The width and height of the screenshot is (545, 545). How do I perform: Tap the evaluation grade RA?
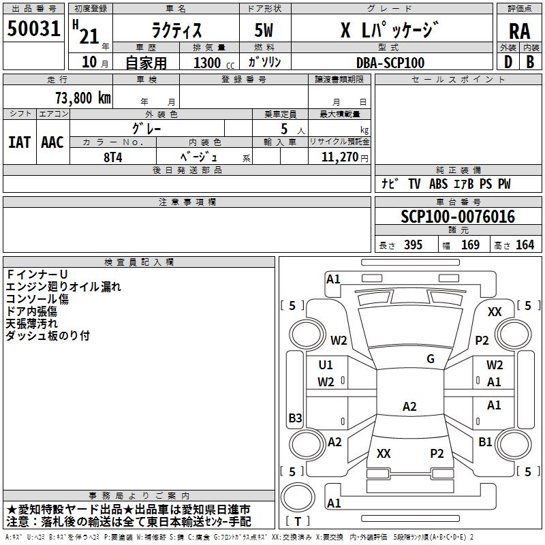pyautogui.click(x=519, y=31)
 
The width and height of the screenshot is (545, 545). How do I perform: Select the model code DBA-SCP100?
pyautogui.click(x=390, y=63)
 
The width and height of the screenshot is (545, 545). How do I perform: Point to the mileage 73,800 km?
pyautogui.click(x=82, y=97)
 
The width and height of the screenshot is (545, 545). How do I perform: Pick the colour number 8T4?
pyautogui.click(x=113, y=157)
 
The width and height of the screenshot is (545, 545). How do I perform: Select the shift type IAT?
pyautogui.click(x=19, y=142)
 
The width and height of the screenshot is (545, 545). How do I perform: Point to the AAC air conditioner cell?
pyautogui.click(x=52, y=142)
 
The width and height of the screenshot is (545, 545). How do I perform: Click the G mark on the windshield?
pyautogui.click(x=431, y=359)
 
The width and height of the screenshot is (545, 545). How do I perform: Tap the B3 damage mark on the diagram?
pyautogui.click(x=295, y=418)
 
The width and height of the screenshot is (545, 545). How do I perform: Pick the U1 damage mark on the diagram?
pyautogui.click(x=326, y=365)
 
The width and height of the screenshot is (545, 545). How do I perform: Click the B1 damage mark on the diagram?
pyautogui.click(x=485, y=442)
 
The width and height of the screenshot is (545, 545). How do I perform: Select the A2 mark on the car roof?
pyautogui.click(x=409, y=407)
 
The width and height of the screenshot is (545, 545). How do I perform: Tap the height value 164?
pyautogui.click(x=525, y=245)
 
